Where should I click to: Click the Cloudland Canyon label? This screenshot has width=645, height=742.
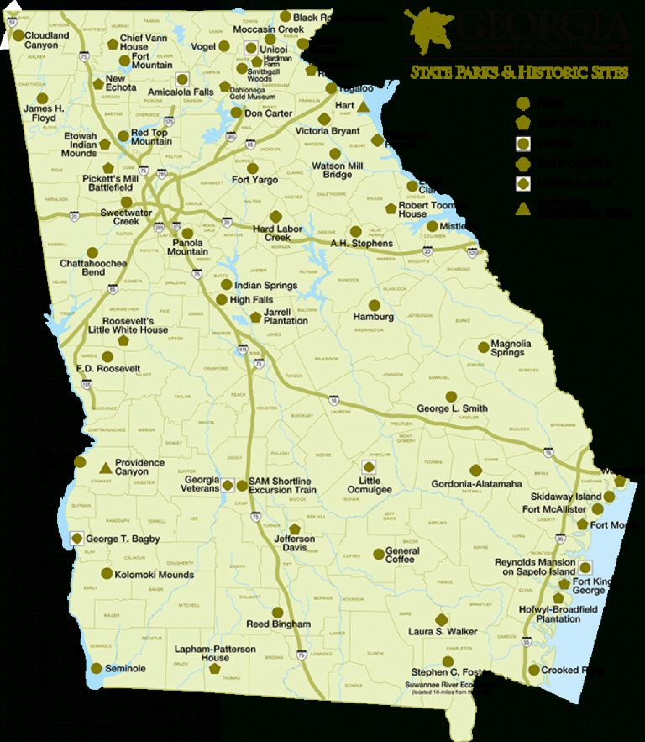coord(47,40)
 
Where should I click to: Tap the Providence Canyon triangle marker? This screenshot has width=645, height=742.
coord(104,467)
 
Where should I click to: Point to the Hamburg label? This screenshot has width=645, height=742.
coord(374,317)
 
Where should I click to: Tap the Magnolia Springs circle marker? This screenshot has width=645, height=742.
coord(484,346)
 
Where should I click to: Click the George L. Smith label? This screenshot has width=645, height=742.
coord(452,408)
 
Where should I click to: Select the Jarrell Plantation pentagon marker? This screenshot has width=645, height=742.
coord(256,317)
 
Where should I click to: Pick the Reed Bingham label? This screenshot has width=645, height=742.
coord(278,624)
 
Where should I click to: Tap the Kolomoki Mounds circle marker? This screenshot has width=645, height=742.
coord(107,574)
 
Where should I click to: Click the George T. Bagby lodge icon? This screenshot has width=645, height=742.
coord(77,539)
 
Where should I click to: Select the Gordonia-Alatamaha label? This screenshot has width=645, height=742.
coord(476,484)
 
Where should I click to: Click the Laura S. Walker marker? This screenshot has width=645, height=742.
coord(443,619)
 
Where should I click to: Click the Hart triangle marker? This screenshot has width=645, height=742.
coord(364,108)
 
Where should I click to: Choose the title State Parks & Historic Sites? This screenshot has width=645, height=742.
coord(518,73)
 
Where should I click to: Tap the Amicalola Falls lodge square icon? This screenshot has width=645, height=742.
coord(181,78)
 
